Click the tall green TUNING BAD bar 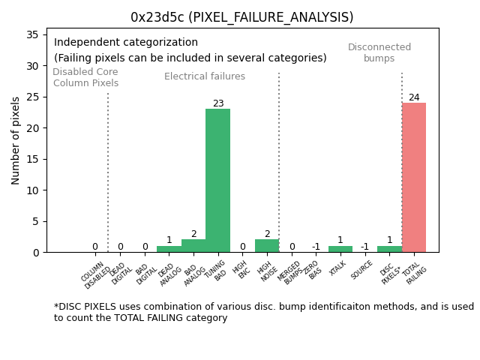click(217, 180)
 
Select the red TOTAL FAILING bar click(413, 177)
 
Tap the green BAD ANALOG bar click(193, 246)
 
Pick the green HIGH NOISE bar click(266, 246)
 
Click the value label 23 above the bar click(217, 103)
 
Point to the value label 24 click(413, 97)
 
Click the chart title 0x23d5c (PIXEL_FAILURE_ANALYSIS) click(241, 17)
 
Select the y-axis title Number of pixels click(16, 140)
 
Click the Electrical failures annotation click(205, 76)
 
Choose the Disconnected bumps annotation click(379, 52)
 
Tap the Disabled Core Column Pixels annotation click(85, 77)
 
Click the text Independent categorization click(126, 43)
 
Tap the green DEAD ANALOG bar click(169, 249)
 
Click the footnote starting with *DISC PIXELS click(263, 312)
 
